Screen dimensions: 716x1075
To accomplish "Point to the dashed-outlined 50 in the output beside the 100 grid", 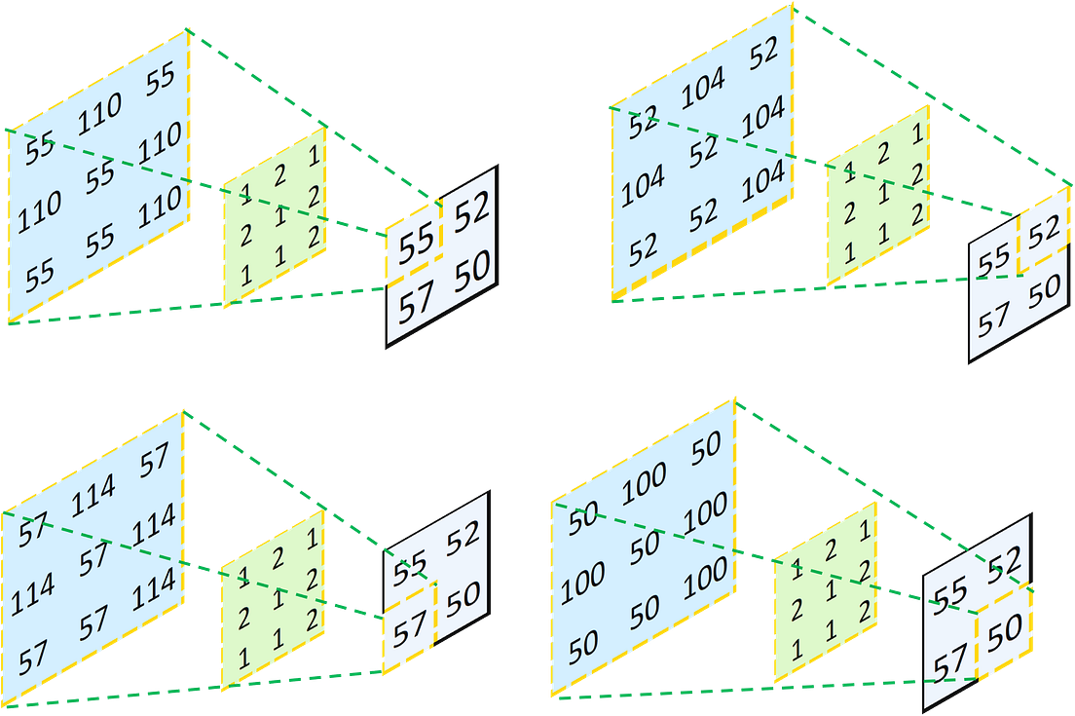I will pyautogui.click(x=1005, y=633).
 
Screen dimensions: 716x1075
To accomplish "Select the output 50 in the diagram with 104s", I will pyautogui.click(x=1043, y=289).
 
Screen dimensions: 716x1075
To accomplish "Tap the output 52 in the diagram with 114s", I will pyautogui.click(x=463, y=538).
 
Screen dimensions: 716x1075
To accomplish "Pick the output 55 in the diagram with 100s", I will pyautogui.click(x=949, y=590).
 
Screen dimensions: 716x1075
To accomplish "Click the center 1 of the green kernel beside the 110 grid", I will pyautogui.click(x=277, y=221).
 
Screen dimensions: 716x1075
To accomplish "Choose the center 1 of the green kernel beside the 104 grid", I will pyautogui.click(x=880, y=194).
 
